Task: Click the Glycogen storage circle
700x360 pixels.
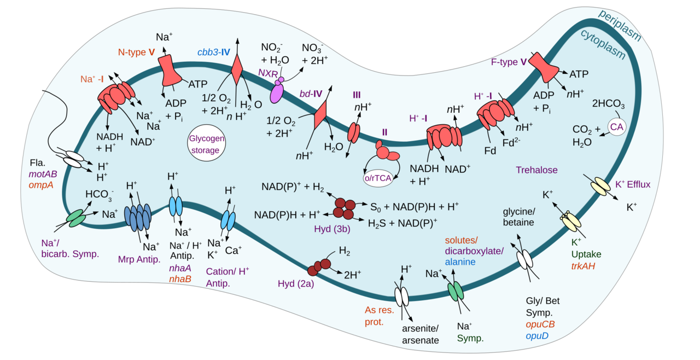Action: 207,143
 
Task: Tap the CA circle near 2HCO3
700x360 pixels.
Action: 616,127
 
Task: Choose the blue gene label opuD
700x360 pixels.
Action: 537,335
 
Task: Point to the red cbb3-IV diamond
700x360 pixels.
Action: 237,69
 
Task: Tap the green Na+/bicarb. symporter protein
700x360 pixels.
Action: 76,217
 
